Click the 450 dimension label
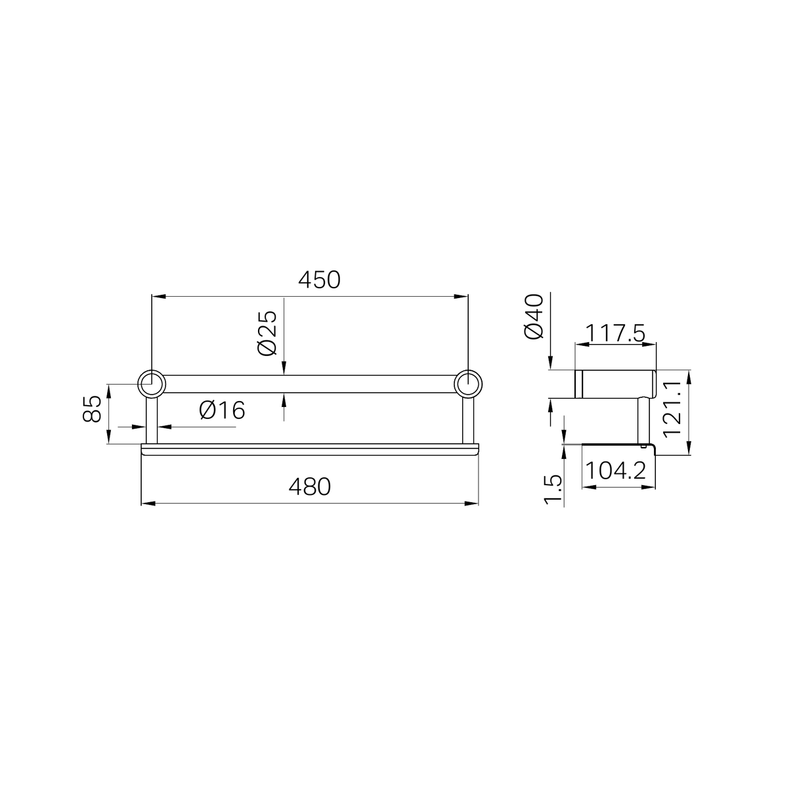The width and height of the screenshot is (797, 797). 319,280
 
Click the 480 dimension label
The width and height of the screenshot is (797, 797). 309,487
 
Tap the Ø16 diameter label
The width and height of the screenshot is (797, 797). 222,410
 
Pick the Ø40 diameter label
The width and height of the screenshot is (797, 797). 534,316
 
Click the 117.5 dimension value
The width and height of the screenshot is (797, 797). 615,334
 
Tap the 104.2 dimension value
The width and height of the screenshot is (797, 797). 615,471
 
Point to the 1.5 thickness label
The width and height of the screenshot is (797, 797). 553,490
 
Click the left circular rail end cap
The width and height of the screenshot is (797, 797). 151,384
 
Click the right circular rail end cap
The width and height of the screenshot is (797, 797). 468,384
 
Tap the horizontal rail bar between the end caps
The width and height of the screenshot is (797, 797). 309,384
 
